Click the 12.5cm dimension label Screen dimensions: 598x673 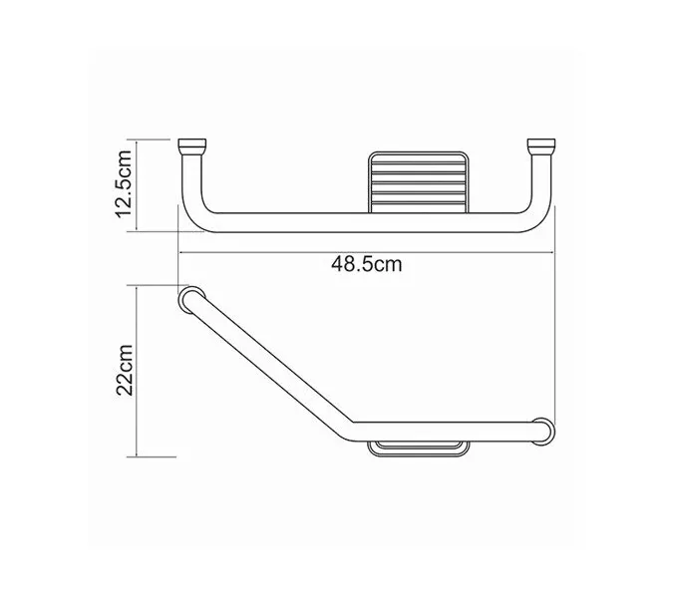point(124,186)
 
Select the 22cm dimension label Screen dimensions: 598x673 point(124,372)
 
